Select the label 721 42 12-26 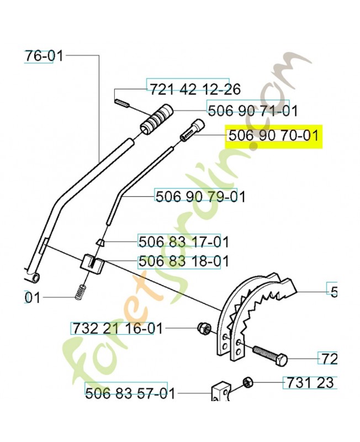(x=194, y=88)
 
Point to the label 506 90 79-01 (x=200, y=197)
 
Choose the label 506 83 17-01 (x=183, y=242)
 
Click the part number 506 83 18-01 (x=183, y=261)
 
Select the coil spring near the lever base (x=82, y=291)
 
